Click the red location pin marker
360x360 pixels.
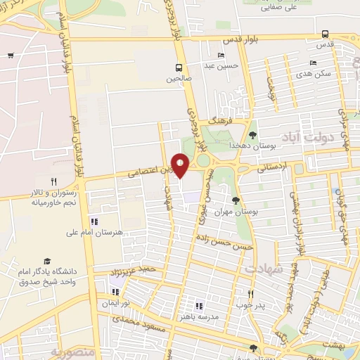point(181,165)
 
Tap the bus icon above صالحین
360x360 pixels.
point(180,67)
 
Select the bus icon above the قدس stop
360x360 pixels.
point(324,33)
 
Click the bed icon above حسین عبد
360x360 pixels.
point(222,56)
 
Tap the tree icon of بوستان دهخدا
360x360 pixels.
point(253,135)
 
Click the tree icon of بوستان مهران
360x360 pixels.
point(236,200)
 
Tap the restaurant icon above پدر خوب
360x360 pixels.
point(249,294)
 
